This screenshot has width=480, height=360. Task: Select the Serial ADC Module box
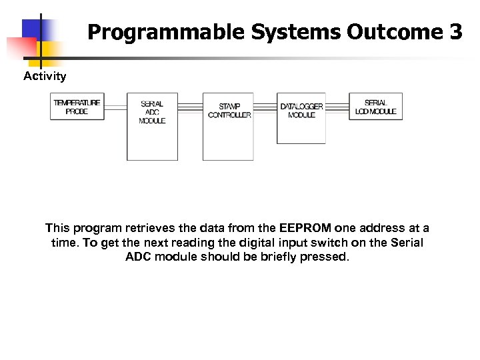(x=152, y=127)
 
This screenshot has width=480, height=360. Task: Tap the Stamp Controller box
(x=229, y=127)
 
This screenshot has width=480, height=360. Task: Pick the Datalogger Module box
(x=301, y=118)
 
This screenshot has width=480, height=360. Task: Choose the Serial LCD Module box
(x=375, y=107)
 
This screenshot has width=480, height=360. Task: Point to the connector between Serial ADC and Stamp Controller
(x=191, y=107)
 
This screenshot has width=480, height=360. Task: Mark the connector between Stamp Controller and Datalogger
(x=265, y=107)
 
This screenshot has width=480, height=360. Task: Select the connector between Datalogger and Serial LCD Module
(x=337, y=107)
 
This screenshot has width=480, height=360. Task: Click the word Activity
(x=45, y=76)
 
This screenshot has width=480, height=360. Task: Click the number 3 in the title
(x=455, y=32)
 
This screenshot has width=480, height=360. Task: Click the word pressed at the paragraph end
(x=325, y=257)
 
